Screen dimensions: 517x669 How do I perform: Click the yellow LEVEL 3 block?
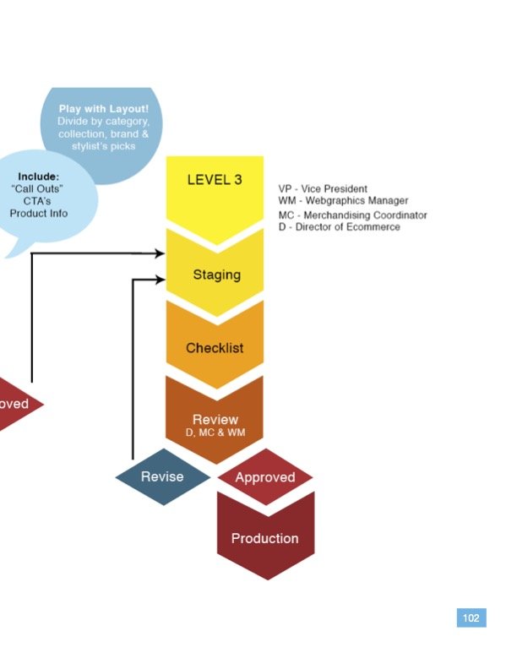(215, 192)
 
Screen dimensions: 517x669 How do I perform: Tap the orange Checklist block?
(215, 346)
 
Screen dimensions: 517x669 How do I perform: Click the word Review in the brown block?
(215, 420)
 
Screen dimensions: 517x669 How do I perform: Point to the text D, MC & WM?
(215, 432)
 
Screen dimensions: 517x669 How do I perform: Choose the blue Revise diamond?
(163, 476)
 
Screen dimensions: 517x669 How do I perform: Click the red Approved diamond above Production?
(265, 476)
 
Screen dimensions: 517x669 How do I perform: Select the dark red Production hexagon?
(266, 537)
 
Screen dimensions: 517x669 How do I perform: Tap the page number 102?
(471, 617)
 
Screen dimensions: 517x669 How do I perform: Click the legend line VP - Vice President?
(323, 188)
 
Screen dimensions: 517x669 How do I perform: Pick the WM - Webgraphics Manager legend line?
(343, 200)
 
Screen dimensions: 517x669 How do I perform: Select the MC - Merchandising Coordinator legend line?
(353, 215)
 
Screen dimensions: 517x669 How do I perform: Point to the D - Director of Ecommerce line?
(340, 226)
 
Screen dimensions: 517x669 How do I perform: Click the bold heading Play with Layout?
(104, 109)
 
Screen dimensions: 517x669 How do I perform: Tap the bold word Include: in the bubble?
(38, 177)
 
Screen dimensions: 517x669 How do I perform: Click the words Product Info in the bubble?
(39, 213)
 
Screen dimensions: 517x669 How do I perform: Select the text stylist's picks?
(104, 146)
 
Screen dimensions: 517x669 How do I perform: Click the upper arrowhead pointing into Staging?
(160, 253)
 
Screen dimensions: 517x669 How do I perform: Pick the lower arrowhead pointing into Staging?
(160, 280)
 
